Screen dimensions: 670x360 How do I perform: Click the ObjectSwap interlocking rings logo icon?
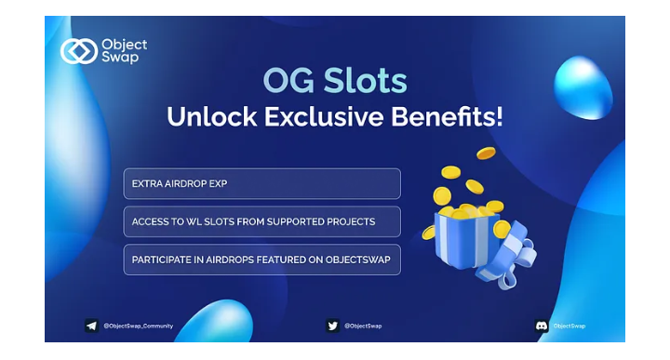[x=78, y=51]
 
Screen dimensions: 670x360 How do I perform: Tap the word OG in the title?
[x=288, y=80]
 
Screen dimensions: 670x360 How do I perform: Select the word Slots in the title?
[x=365, y=80]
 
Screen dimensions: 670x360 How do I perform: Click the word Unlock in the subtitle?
[x=212, y=116]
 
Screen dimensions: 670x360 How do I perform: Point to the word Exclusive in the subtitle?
[x=324, y=116]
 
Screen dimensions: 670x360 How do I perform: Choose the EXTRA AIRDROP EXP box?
[x=261, y=183]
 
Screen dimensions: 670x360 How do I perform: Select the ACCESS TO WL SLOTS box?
[x=261, y=221]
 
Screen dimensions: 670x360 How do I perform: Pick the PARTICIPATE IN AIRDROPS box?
[x=261, y=260]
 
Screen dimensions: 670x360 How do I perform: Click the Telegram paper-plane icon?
[x=91, y=326]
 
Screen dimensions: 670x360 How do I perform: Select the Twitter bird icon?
[x=332, y=326]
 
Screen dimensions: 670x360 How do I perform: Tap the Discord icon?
[x=542, y=326]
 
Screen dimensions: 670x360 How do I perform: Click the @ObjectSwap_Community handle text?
[x=139, y=326]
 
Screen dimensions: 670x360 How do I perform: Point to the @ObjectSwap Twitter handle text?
[x=363, y=326]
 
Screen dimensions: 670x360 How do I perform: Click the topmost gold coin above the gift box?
[x=487, y=153]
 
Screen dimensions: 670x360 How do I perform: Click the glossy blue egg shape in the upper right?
[x=583, y=87]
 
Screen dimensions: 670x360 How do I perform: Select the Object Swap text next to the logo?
[x=125, y=51]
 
